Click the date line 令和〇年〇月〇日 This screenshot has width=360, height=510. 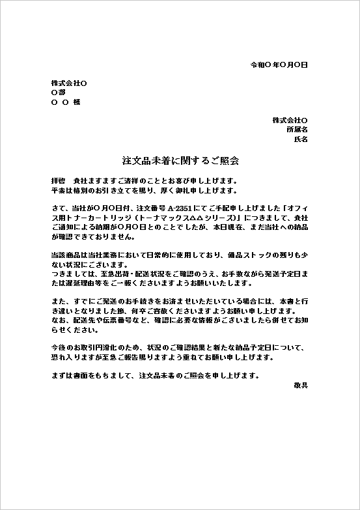point(279,65)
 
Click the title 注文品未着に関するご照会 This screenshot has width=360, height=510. point(180,160)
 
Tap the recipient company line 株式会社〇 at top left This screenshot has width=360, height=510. point(69,83)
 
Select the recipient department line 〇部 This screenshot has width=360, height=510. point(58,92)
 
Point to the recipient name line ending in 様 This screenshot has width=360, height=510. point(65,102)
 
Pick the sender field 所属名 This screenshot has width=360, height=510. point(297,130)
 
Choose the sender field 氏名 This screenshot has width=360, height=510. point(301,139)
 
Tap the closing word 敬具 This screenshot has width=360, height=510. point(300,386)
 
